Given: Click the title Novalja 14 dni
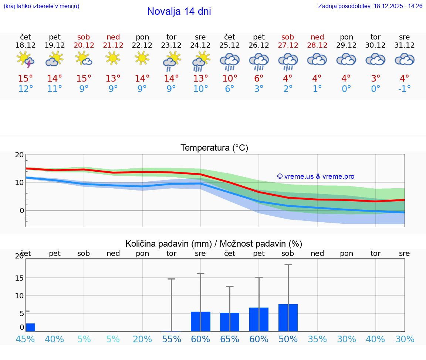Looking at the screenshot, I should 179,11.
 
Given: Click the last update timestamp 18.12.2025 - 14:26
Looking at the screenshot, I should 393,6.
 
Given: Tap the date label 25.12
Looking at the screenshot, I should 230,45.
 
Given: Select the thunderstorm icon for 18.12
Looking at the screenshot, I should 26,60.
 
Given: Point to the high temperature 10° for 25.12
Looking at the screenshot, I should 230,78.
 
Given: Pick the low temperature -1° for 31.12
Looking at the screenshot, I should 405,89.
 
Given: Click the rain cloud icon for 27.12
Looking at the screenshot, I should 288,62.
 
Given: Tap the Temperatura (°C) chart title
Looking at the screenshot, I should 214,148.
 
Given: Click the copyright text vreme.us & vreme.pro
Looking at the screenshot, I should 316,176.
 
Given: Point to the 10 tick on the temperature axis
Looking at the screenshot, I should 20,182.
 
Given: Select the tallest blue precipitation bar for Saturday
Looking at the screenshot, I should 288,318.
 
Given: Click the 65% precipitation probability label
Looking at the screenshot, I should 230,339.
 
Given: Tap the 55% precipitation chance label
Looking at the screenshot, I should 171,339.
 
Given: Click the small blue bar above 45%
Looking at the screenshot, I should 30,327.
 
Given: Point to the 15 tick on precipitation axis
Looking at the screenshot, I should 20,278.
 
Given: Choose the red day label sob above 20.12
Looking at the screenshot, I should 84,37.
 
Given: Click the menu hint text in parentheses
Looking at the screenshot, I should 41,6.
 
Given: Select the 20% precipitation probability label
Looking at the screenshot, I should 142,339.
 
